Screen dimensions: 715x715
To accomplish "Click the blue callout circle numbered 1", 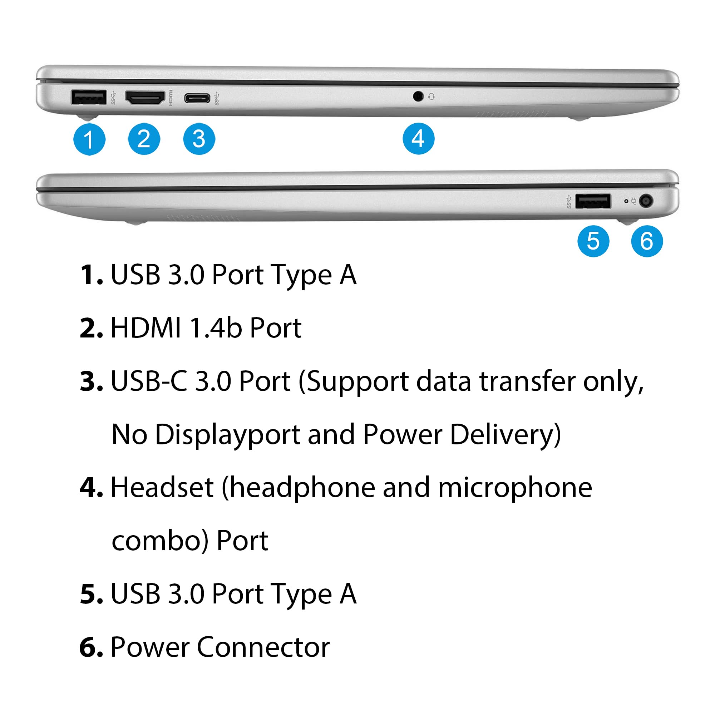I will click(89, 139).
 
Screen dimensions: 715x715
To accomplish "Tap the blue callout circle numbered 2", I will click(144, 139).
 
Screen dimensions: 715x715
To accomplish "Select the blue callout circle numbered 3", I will click(199, 139).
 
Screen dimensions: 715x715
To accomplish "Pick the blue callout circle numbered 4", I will click(419, 138).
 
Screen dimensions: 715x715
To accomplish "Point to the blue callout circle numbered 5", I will click(593, 241).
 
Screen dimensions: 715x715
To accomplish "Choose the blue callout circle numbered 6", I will click(647, 241).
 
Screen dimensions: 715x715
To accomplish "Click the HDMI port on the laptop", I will click(145, 97).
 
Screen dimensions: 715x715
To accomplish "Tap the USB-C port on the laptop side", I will click(197, 98).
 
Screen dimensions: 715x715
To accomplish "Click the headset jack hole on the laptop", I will click(418, 97).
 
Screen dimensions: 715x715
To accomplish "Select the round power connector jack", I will click(646, 201).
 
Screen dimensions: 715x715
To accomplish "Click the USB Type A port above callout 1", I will click(88, 98).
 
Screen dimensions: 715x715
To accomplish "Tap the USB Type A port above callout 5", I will click(593, 201).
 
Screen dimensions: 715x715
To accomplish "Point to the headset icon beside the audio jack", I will click(431, 97).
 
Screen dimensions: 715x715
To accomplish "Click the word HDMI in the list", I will click(146, 328).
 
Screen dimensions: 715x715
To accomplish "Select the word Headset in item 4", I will click(162, 487).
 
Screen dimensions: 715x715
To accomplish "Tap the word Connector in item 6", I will click(263, 647).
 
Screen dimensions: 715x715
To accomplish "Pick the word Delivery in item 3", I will click(505, 434).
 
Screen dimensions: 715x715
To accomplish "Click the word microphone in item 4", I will click(515, 487).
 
